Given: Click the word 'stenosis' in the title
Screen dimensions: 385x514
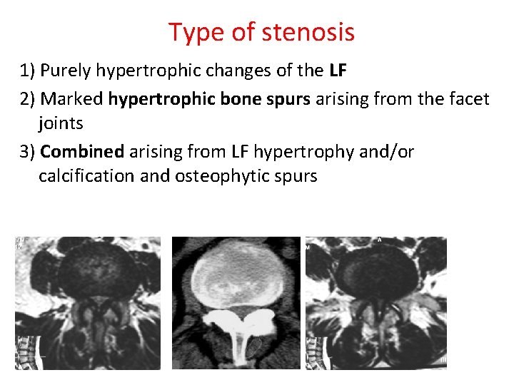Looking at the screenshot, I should point(308,32).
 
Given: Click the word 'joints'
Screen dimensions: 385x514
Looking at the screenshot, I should point(61,123).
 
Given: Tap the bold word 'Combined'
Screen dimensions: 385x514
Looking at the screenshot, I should point(82,151).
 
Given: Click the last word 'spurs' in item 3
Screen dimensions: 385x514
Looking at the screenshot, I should point(294,175).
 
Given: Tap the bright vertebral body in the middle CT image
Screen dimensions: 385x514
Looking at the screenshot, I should point(237,274).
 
